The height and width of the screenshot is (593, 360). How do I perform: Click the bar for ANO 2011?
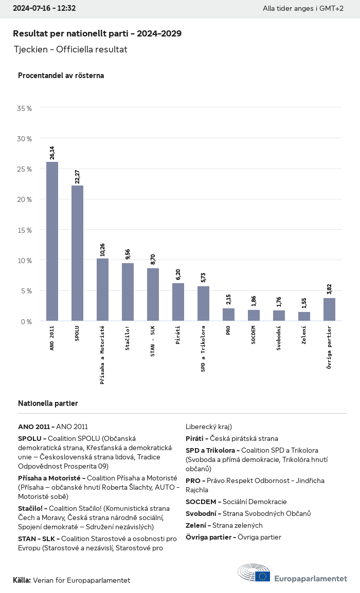(x=52, y=242)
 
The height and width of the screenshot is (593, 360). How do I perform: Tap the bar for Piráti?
(x=178, y=302)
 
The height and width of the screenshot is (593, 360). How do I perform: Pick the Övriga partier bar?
(x=329, y=309)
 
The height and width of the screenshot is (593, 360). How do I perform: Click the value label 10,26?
(x=103, y=249)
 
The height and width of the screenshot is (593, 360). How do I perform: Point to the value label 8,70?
(x=153, y=259)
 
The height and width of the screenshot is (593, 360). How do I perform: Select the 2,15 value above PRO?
(x=229, y=299)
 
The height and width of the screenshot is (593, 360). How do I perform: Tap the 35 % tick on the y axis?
(x=25, y=108)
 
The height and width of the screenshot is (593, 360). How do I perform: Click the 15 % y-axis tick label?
(x=25, y=230)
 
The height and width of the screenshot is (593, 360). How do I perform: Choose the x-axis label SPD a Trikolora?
(x=203, y=348)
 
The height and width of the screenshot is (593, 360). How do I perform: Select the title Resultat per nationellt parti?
(x=97, y=33)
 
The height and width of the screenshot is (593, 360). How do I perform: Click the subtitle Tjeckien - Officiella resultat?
(x=70, y=50)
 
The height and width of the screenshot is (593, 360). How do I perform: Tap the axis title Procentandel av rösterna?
(x=61, y=76)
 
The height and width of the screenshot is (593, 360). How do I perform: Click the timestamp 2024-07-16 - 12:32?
(x=44, y=8)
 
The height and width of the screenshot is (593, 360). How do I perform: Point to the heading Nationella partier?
(x=48, y=403)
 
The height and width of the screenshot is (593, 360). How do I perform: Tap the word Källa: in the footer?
(x=22, y=580)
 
